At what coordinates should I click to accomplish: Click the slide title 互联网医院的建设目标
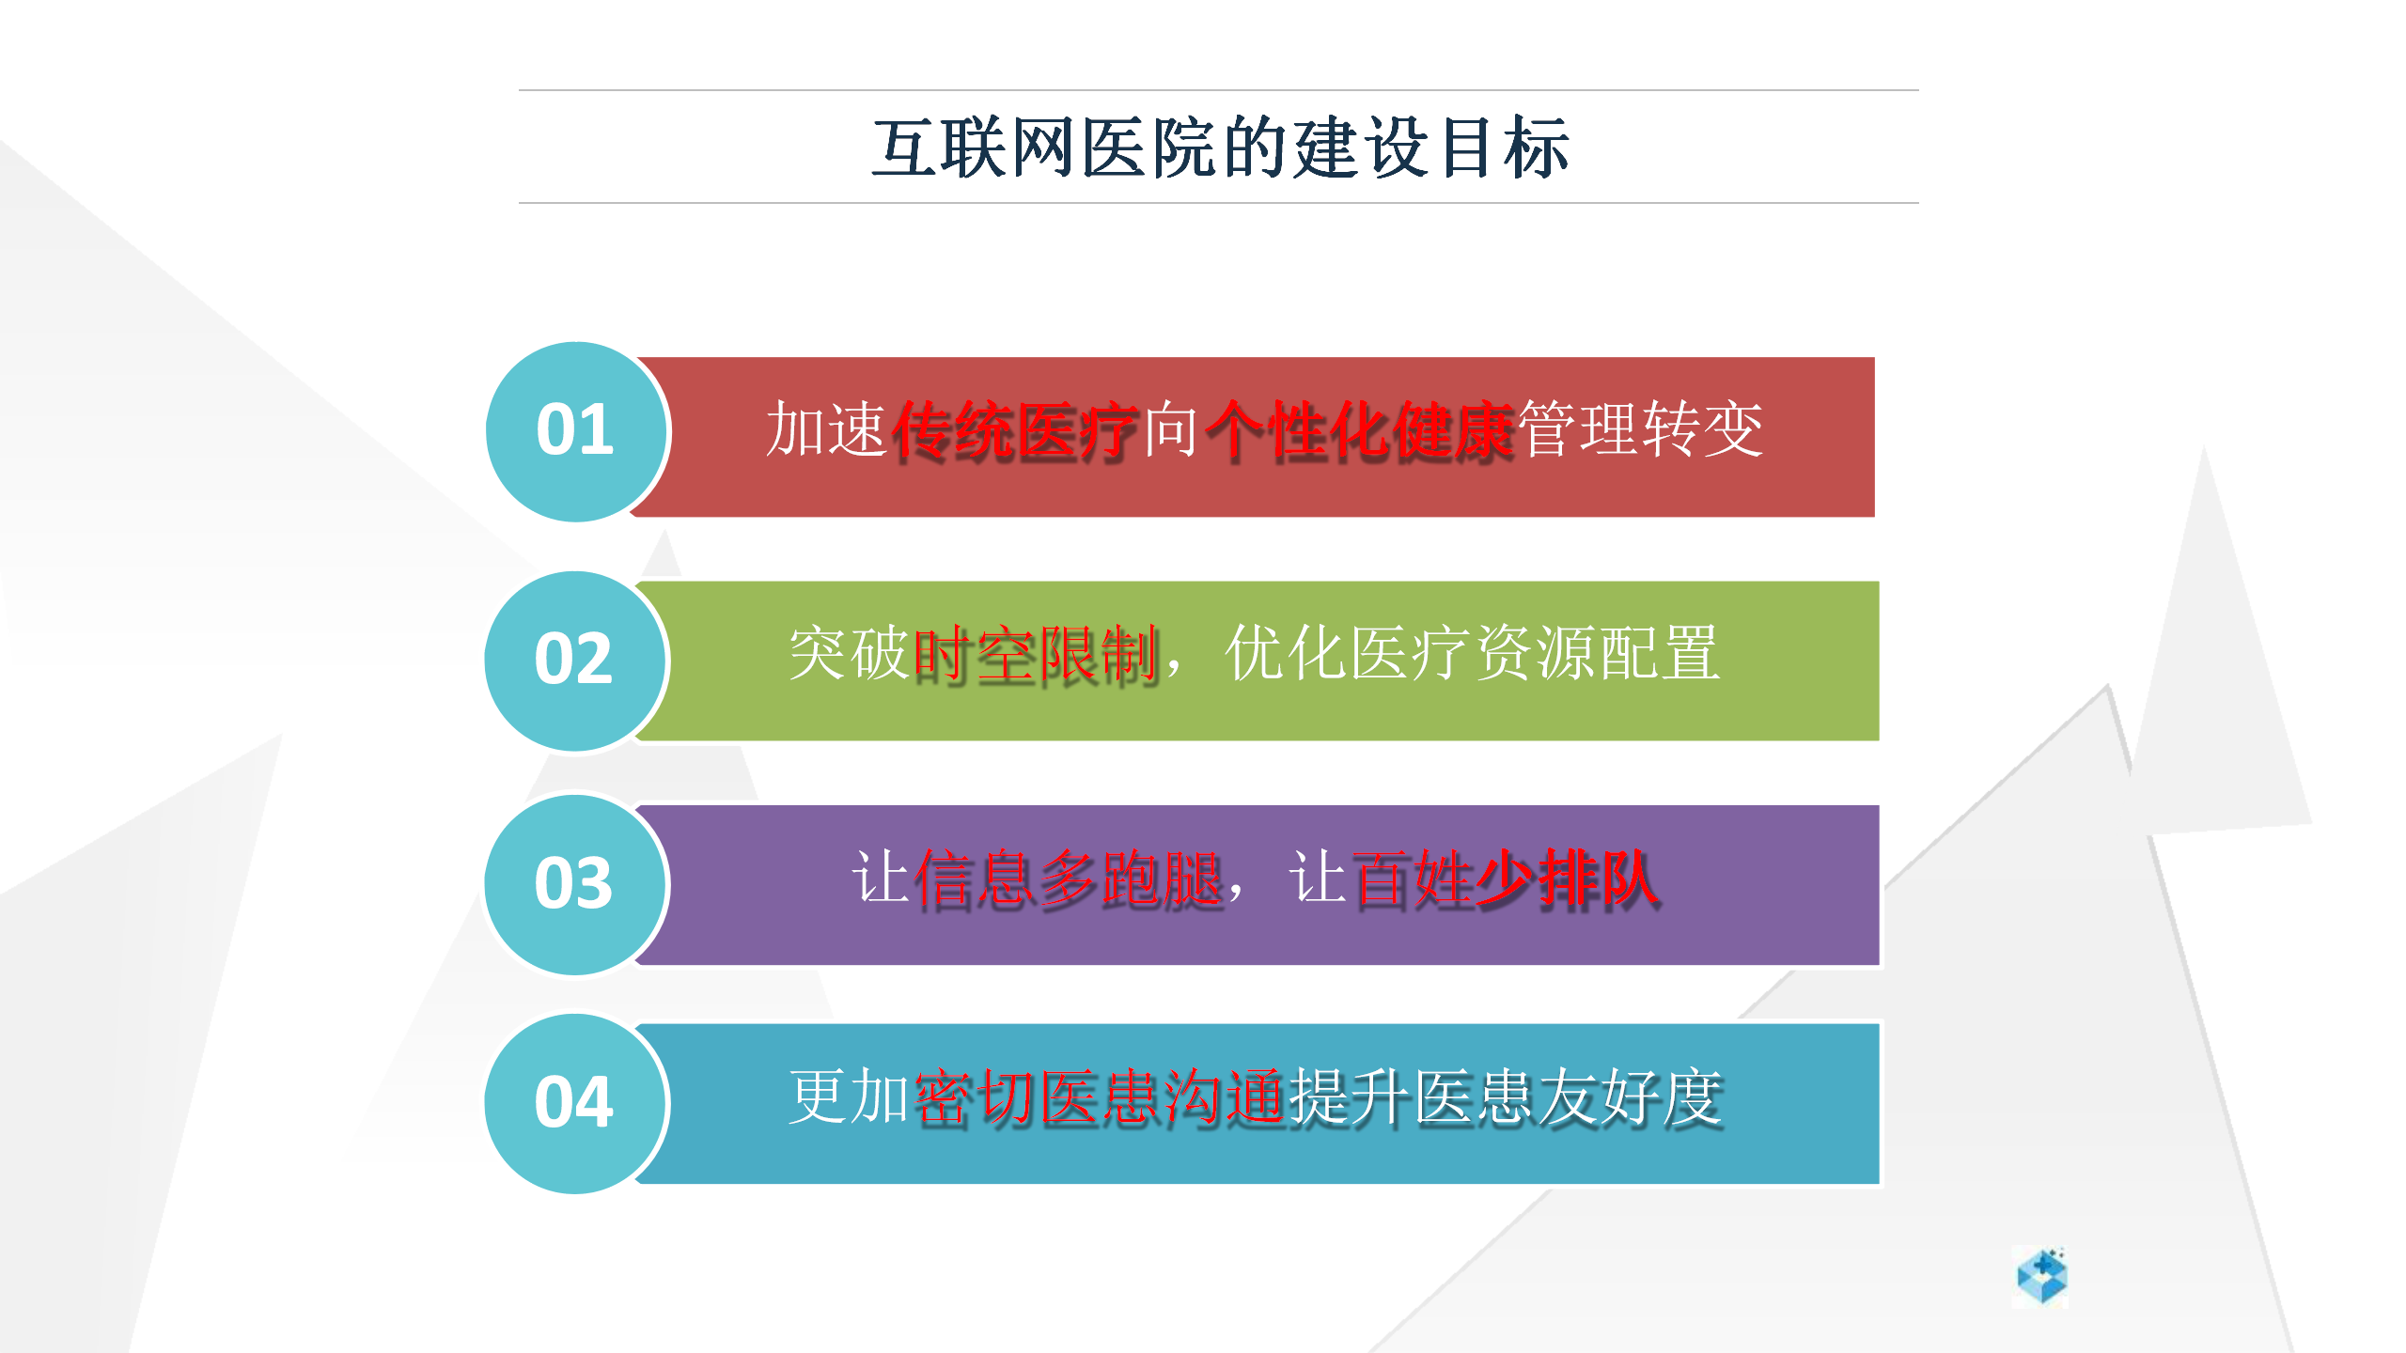coord(1220,148)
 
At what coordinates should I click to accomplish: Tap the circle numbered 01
coord(576,431)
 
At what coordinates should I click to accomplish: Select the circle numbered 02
coord(575,661)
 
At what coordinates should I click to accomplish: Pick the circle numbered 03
coord(575,884)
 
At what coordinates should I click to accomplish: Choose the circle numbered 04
coord(575,1103)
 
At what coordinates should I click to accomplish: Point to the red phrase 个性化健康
coord(1359,431)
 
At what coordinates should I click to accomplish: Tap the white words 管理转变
coord(1641,429)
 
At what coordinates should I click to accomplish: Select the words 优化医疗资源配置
coord(1473,653)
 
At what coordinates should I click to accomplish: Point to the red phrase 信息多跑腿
coord(1070,879)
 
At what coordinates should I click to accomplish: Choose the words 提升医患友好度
coord(1507,1098)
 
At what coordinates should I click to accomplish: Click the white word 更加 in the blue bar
coord(849,1096)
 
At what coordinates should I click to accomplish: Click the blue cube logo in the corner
coord(2041,1276)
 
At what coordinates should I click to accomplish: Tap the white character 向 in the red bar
coord(1172,429)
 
